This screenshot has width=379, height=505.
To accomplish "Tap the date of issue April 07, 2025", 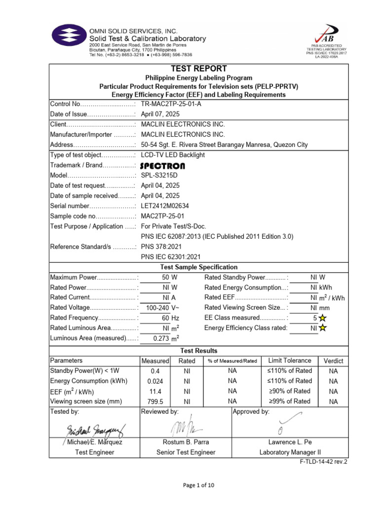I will point(160,114).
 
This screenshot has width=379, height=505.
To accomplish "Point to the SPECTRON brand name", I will point(163,166).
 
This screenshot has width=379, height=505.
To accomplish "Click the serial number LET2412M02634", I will point(169,206).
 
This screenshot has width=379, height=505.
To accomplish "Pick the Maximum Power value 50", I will point(165,278).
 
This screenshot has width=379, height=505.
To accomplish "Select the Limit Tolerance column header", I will point(289,361).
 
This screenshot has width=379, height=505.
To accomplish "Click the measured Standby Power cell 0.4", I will point(154,371).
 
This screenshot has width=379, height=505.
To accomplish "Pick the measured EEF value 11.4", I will point(154,391).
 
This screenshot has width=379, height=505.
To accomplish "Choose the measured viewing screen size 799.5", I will point(154,401).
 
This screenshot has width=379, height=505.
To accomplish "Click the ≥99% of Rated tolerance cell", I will point(289,401).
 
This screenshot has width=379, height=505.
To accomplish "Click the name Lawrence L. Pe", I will point(290,442).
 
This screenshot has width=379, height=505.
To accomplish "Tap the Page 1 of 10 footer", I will point(198,485).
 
